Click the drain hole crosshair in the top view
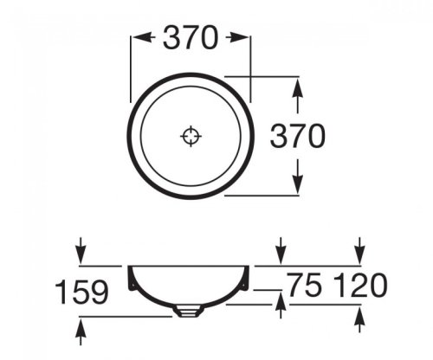coord(190,136)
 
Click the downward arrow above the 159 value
coord(81,253)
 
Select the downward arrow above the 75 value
coord(279,254)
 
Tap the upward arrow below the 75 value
coord(279,303)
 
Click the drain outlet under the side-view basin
coord(190,308)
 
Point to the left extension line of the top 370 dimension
coord(130,65)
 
